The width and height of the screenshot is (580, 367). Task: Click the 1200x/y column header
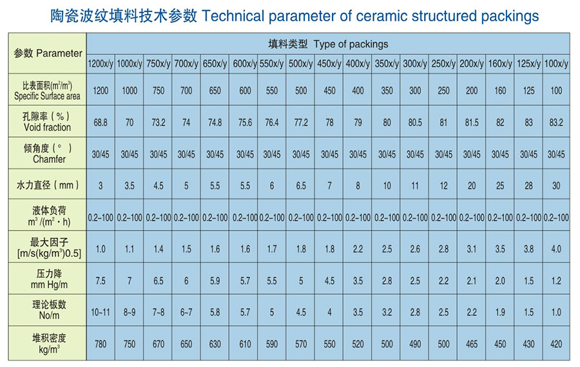click(101, 64)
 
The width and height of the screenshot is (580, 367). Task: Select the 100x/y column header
click(556, 64)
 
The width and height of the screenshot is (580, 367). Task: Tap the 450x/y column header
click(329, 64)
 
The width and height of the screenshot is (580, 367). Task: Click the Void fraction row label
click(47, 127)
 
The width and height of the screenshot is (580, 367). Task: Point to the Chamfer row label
click(49, 159)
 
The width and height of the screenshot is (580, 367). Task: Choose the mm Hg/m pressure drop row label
click(49, 285)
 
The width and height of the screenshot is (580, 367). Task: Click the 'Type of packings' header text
click(351, 44)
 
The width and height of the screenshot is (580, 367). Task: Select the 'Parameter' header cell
click(48, 53)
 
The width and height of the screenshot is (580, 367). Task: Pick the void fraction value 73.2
click(159, 122)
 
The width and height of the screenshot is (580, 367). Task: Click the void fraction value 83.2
click(556, 122)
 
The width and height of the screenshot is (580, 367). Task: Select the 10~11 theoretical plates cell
click(101, 312)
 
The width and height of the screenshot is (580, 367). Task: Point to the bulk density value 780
click(101, 344)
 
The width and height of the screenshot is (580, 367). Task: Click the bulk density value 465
click(472, 344)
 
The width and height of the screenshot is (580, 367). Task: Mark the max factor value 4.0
click(556, 249)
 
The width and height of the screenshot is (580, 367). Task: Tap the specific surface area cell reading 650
click(215, 91)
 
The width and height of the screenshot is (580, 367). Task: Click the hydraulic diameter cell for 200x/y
click(472, 185)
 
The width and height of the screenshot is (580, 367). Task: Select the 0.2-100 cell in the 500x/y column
click(301, 218)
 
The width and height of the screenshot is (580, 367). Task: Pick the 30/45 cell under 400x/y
click(358, 154)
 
